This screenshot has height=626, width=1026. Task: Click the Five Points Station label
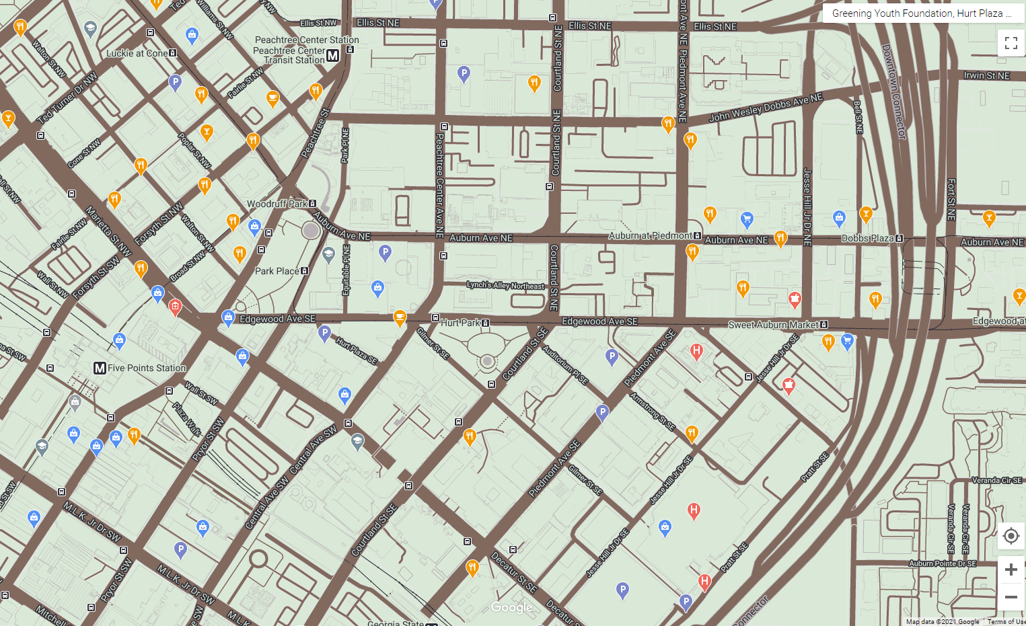tap(146, 368)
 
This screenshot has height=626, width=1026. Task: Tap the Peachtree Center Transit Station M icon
tap(332, 56)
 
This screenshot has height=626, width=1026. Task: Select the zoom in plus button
tap(1011, 570)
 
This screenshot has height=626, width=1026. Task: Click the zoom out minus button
tap(1011, 597)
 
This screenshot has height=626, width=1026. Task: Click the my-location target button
tap(1011, 536)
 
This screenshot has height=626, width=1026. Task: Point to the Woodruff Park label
tap(277, 204)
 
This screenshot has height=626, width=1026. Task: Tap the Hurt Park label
tap(460, 323)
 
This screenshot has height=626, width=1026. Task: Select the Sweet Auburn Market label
tap(773, 325)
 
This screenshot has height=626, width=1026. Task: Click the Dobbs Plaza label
tap(867, 238)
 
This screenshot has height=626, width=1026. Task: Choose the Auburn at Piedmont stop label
tap(650, 235)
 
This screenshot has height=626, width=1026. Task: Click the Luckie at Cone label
tap(137, 53)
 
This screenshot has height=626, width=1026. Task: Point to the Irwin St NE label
tap(986, 76)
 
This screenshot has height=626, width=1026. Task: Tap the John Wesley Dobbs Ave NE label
tap(766, 108)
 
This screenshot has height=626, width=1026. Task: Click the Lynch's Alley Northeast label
tap(505, 285)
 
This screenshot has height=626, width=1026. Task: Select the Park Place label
tap(277, 271)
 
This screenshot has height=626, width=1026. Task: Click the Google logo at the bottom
tap(511, 607)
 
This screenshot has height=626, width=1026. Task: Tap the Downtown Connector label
tap(893, 91)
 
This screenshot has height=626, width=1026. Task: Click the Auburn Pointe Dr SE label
tap(942, 563)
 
